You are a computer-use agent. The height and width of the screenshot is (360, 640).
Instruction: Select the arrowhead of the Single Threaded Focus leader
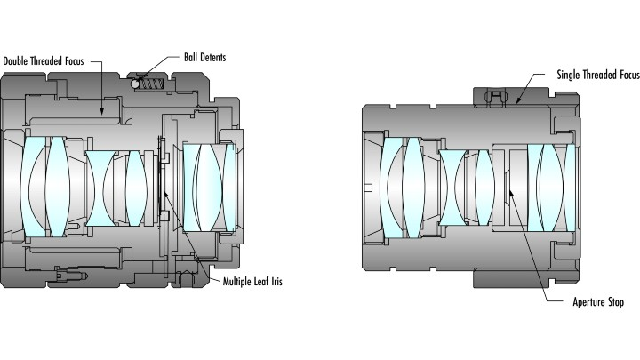516,103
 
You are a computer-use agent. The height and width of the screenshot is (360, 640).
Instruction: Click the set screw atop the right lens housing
491,94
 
